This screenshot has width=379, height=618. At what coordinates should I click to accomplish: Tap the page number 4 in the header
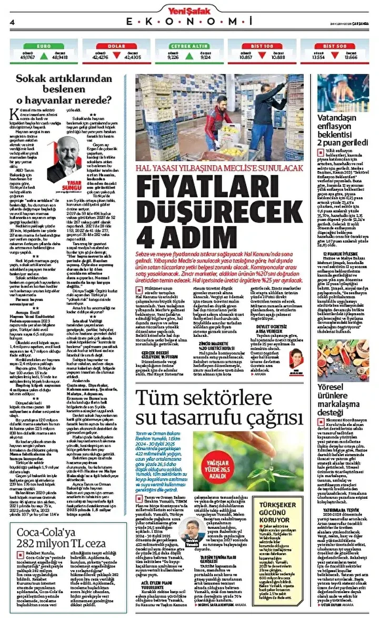click(x=11, y=22)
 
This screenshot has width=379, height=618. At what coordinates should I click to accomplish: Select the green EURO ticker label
click(x=43, y=46)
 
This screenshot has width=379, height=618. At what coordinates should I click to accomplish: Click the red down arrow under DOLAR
click(x=115, y=56)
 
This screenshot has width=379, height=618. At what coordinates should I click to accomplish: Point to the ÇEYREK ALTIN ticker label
click(x=189, y=46)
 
